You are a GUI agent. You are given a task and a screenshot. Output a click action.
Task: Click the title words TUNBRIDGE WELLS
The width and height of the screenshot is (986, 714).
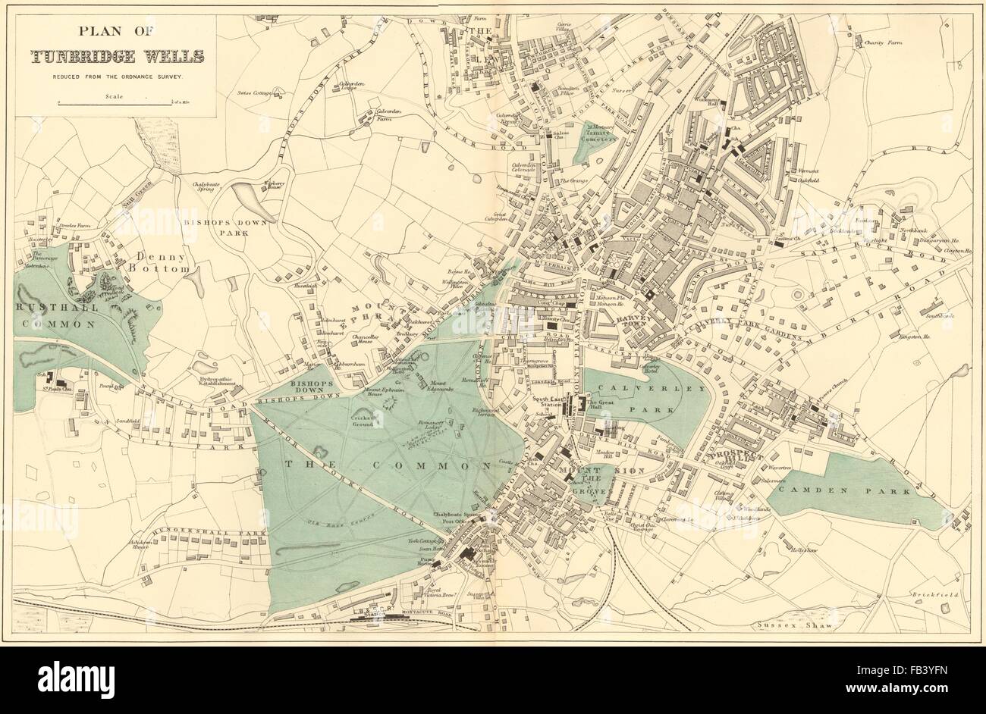click(x=116, y=56)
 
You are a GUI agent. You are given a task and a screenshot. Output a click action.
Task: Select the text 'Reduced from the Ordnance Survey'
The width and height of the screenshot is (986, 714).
click(x=117, y=77)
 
